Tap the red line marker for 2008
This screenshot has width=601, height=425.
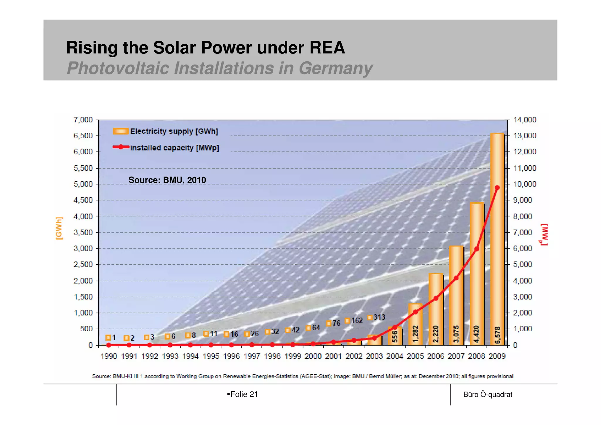(477, 249)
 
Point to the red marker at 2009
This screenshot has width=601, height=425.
(497, 187)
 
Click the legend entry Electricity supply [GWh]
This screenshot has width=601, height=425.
(174, 131)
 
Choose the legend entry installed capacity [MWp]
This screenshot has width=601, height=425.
(174, 148)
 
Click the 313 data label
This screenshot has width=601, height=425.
(379, 317)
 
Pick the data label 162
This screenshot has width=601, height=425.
(357, 320)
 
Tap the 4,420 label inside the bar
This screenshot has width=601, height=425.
(476, 334)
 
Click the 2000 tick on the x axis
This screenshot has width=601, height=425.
(313, 356)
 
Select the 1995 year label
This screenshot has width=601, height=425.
(211, 356)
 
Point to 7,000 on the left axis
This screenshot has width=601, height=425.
(83, 120)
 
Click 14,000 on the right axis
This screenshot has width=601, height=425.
(524, 120)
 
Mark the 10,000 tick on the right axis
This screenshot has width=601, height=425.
(524, 184)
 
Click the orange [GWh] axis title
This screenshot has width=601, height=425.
(59, 228)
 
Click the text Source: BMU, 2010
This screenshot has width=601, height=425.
(167, 180)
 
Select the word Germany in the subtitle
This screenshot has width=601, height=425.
(335, 68)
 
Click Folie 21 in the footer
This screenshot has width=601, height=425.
(244, 394)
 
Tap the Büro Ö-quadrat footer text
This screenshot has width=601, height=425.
(487, 394)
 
